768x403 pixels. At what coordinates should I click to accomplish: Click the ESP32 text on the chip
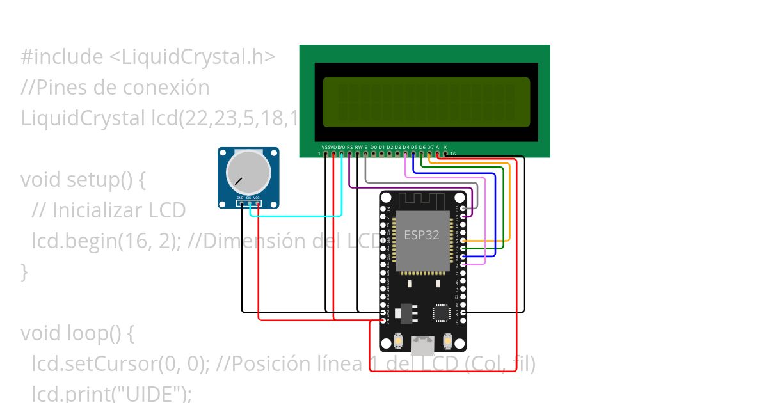click(x=421, y=235)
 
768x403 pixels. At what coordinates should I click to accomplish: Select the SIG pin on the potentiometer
click(x=249, y=203)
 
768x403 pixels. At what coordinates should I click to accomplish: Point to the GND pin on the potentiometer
click(x=241, y=203)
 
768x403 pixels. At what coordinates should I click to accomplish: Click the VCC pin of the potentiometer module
click(x=257, y=203)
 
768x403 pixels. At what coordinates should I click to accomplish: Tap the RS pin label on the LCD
click(x=349, y=147)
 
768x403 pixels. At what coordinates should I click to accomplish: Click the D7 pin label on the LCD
click(x=429, y=147)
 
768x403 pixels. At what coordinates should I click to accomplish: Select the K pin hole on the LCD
click(x=445, y=154)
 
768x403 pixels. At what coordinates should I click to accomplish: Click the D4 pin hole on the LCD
click(x=405, y=154)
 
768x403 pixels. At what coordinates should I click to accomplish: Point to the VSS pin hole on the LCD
click(x=326, y=154)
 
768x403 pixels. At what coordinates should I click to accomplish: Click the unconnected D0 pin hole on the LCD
click(x=373, y=154)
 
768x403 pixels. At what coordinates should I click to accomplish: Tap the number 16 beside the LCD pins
click(x=453, y=154)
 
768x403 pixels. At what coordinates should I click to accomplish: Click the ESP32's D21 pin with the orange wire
click(x=463, y=241)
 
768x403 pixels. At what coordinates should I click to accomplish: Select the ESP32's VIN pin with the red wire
click(x=383, y=319)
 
